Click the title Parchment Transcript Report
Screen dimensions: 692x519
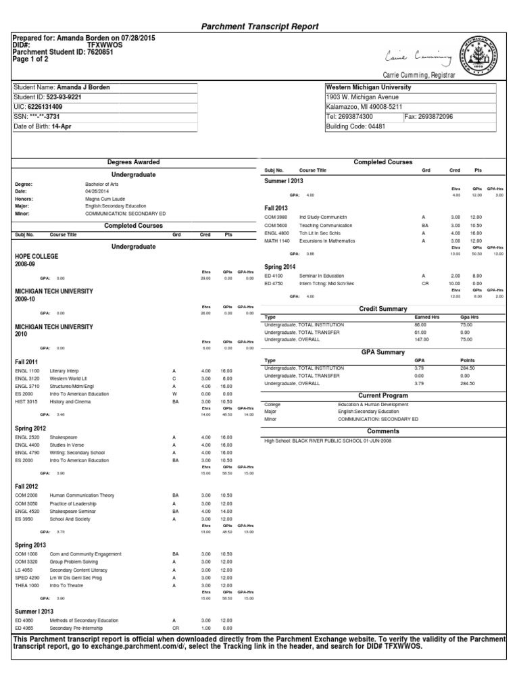260,26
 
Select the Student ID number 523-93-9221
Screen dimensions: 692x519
63,97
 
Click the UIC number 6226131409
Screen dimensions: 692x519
48,107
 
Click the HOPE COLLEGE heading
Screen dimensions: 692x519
36,257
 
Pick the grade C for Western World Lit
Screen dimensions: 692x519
174,379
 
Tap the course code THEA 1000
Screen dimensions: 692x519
28,585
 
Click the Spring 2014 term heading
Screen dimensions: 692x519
280,267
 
